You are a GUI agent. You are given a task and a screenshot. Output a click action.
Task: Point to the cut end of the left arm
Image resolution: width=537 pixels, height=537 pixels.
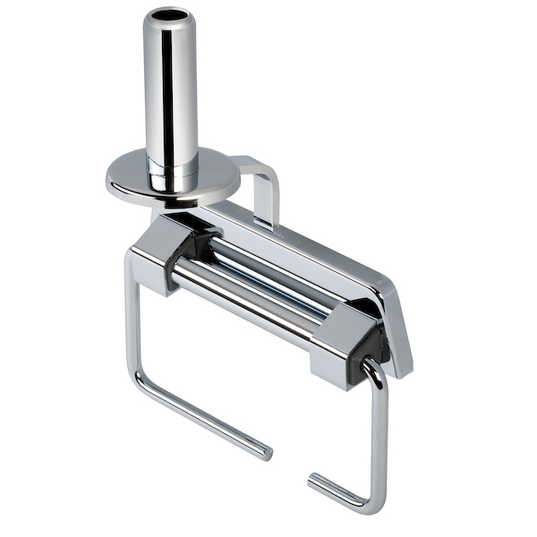pos(268,453)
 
